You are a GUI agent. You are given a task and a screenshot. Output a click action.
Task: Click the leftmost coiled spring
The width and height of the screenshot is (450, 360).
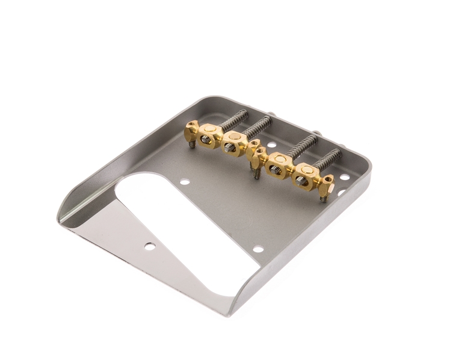coord(233,119)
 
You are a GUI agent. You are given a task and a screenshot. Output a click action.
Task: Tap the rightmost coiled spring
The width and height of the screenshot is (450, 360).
coord(330,160)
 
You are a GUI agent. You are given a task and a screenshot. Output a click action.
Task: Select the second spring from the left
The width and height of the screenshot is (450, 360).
coord(257,128)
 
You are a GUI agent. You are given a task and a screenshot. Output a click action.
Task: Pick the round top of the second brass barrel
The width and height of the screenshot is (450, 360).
coord(233,141)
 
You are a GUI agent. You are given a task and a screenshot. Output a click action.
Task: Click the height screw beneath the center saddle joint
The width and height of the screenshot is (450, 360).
coord(256,172)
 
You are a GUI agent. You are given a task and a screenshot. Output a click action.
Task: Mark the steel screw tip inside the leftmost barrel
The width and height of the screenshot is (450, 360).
coord(206,140)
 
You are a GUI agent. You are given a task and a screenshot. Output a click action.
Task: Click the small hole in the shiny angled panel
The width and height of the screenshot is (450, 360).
coord(148,245)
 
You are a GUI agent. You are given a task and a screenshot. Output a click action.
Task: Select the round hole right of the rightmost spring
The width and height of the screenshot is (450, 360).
coord(345,177)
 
